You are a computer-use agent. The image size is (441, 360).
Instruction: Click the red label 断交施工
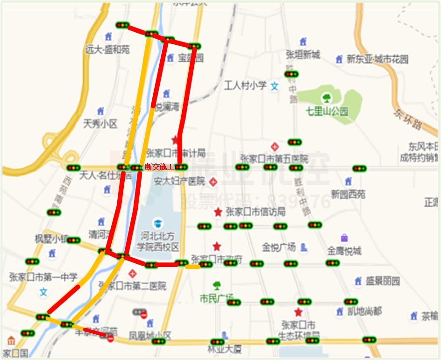pyautogui.click(x=160, y=167)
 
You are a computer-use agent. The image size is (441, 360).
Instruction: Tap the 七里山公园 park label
pyautogui.click(x=327, y=112)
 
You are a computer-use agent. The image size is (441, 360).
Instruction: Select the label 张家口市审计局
pyautogui.click(x=175, y=153)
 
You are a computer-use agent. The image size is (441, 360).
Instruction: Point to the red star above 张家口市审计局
pyautogui.click(x=175, y=140)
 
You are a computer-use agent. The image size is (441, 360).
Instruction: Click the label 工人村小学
pyautogui.click(x=245, y=85)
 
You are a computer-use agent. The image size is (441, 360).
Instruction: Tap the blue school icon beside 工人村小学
pyautogui.click(x=275, y=86)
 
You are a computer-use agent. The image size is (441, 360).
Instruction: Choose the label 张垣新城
pyautogui.click(x=303, y=55)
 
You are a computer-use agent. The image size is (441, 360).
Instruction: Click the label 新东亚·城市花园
pyautogui.click(x=377, y=59)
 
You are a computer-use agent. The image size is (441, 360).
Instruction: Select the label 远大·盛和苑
pyautogui.click(x=107, y=49)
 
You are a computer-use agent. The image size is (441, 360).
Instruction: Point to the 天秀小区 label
pyautogui.click(x=100, y=124)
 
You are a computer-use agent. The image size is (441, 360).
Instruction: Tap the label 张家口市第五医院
pyautogui.click(x=274, y=158)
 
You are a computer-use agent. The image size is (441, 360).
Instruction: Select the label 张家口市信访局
pyautogui.click(x=255, y=212)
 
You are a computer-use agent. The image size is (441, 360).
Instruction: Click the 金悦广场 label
pyautogui.click(x=278, y=247)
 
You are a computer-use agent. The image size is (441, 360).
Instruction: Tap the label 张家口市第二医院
pyautogui.click(x=132, y=285)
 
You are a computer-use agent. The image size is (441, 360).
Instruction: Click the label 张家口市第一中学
pyautogui.click(x=43, y=277)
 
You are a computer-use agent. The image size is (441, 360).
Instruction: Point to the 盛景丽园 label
pyautogui.click(x=383, y=281)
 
